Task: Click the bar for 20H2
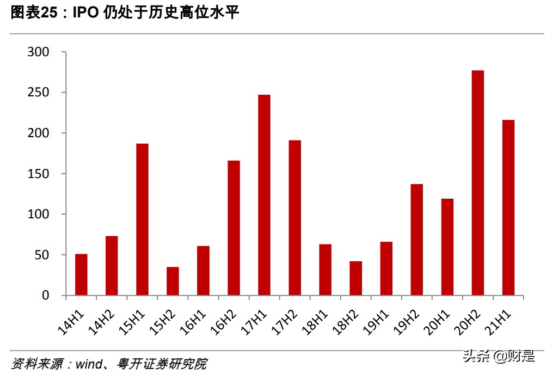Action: coord(477,183)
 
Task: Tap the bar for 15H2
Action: coord(173,281)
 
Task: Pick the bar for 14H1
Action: coord(81,274)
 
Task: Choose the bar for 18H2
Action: coord(355,278)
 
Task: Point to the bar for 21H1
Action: coord(508,207)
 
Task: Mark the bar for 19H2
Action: coord(416,240)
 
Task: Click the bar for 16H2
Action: coord(234,228)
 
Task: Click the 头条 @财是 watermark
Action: coord(498,357)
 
